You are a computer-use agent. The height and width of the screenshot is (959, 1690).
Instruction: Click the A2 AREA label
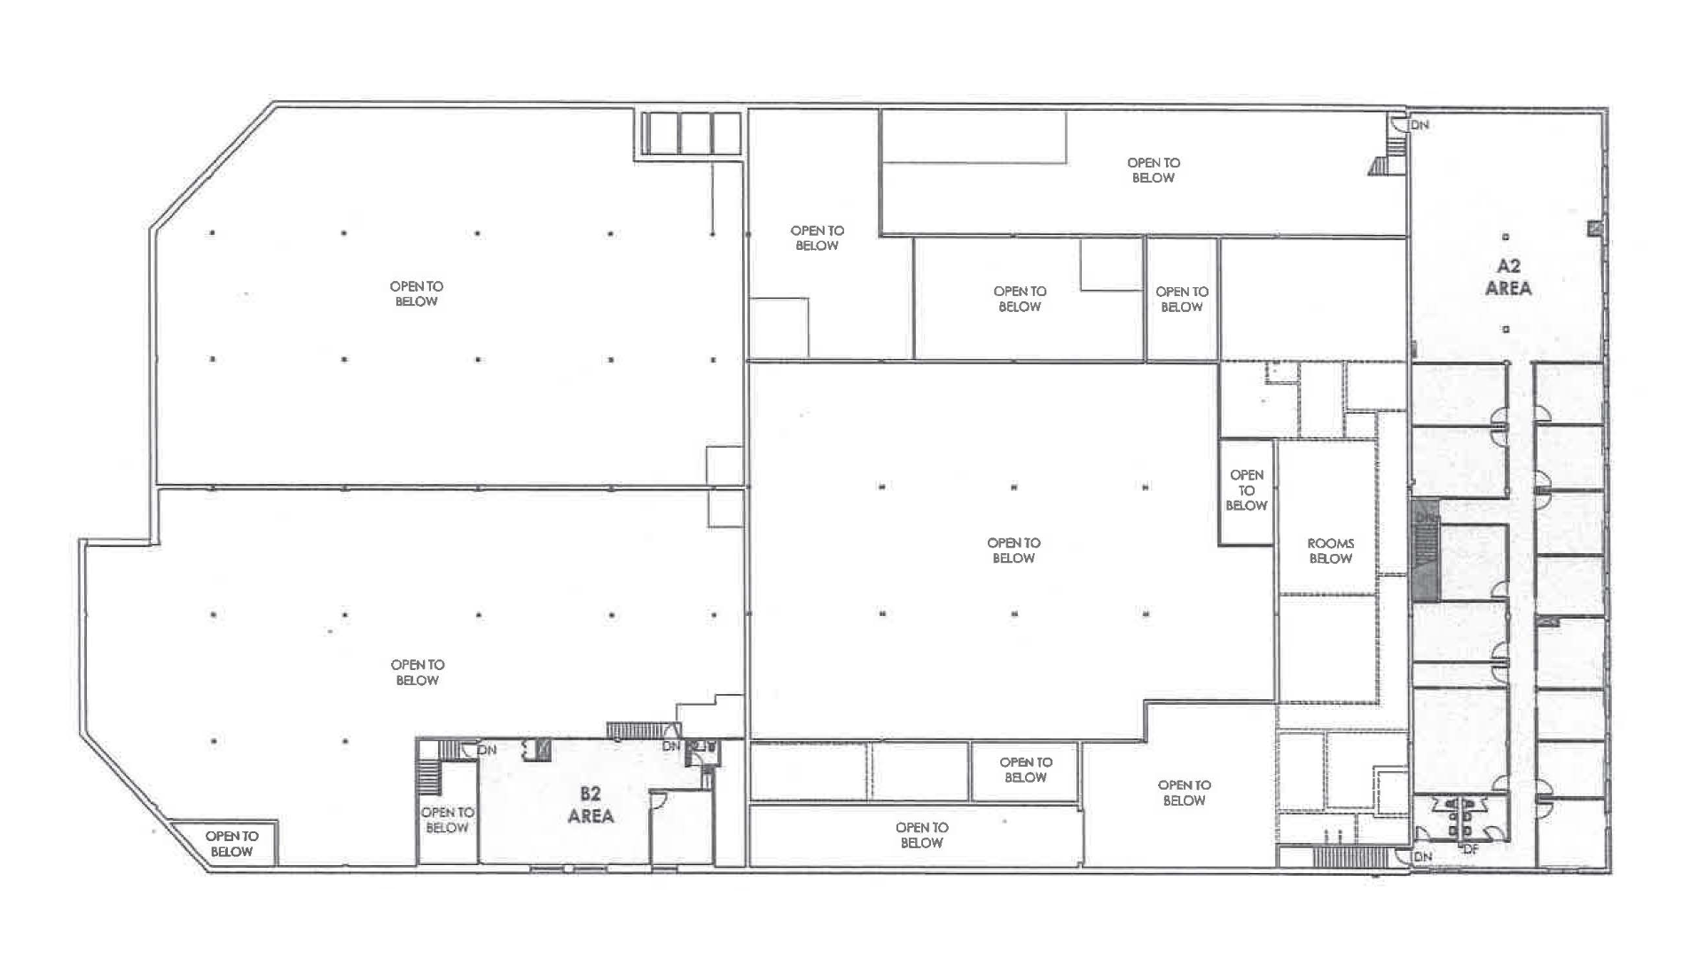click(1508, 277)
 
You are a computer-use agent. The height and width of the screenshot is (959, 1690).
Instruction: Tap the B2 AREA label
click(591, 805)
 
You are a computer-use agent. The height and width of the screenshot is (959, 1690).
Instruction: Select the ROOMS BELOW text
click(1330, 550)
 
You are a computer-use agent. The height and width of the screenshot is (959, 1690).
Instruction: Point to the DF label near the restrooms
click(1471, 849)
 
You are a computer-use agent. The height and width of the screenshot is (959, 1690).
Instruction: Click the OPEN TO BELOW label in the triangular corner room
click(231, 844)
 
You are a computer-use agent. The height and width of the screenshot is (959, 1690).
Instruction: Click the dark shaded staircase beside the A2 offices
click(1424, 550)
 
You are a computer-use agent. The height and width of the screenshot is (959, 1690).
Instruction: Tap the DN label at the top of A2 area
click(1420, 125)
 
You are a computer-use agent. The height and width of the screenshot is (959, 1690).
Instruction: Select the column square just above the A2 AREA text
click(1506, 237)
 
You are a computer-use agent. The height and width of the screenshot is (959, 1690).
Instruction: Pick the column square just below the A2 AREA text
click(1506, 329)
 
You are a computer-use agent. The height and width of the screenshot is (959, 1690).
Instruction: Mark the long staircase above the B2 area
click(637, 730)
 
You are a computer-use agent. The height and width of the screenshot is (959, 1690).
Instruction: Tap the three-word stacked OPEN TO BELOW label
click(1246, 490)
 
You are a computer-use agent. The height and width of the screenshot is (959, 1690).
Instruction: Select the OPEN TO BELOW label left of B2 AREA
click(447, 820)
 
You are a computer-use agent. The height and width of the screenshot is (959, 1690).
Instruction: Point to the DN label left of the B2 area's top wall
click(487, 750)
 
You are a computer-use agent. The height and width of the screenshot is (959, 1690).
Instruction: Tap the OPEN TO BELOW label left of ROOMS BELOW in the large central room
click(1013, 550)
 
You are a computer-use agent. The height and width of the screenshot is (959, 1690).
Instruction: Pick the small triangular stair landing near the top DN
click(1380, 166)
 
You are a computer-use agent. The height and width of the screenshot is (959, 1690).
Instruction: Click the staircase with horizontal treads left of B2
click(429, 778)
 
